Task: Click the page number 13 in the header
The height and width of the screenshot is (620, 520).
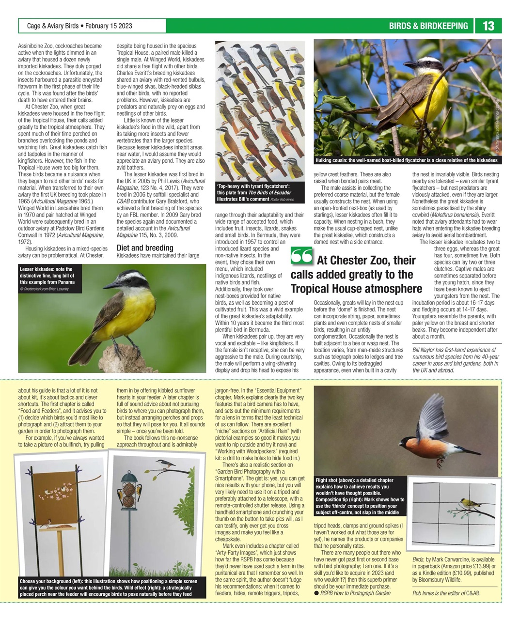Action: (488, 26)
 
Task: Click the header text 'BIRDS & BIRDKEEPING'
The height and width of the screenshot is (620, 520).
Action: (428, 26)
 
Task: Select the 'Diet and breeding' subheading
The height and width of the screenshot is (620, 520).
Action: (145, 248)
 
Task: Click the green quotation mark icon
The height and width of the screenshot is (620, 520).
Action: (302, 257)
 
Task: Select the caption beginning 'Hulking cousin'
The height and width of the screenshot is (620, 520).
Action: (406, 160)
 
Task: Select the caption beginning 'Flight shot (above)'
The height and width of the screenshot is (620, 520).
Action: (360, 496)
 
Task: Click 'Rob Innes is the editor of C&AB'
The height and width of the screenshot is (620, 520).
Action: (446, 593)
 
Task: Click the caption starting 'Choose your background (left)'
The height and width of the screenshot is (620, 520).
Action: (111, 587)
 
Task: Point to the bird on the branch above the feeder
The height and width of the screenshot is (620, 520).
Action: (168, 464)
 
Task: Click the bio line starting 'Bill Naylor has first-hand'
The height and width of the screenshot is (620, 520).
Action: (448, 359)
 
